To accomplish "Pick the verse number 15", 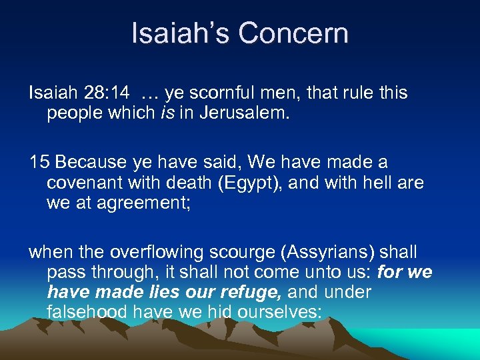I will [39, 162].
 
